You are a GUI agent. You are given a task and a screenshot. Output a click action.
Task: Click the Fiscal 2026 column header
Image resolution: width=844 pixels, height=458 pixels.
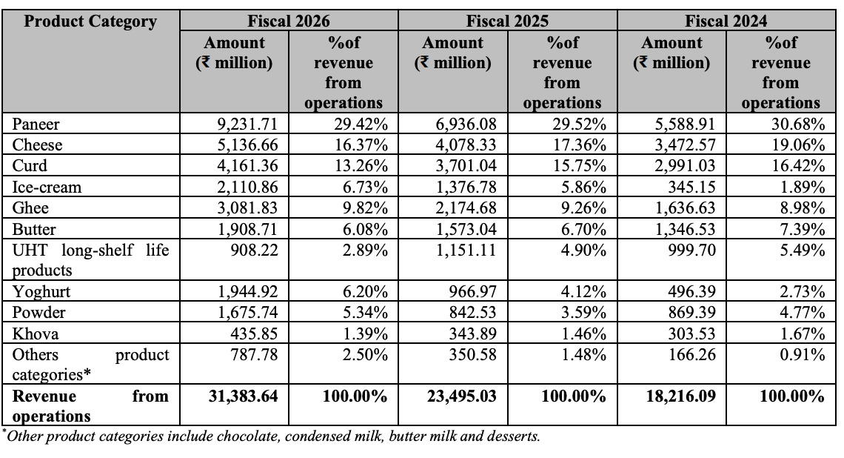[289, 21]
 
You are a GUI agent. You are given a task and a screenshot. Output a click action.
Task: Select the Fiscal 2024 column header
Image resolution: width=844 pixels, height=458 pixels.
[726, 21]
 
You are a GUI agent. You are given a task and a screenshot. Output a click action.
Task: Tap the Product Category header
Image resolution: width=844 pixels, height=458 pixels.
[90, 21]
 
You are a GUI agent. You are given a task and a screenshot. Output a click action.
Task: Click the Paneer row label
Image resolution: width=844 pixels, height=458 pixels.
[36, 124]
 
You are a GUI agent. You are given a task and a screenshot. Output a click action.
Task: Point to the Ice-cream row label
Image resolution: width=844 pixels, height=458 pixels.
[47, 187]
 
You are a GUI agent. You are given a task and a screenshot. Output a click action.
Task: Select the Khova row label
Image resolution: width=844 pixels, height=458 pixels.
[36, 333]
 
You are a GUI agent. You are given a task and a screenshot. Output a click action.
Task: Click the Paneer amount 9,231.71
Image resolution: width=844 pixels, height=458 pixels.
[247, 124]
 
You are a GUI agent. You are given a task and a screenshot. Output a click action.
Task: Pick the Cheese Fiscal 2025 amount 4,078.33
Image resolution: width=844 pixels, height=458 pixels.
[466, 145]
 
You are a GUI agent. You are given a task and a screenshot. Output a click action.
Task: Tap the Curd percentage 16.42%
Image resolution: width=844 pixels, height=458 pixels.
[798, 165]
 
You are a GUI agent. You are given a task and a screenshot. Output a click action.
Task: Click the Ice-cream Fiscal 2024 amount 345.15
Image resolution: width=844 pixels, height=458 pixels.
[691, 187]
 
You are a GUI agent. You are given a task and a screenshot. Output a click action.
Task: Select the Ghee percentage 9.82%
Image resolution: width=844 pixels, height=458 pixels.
[365, 208]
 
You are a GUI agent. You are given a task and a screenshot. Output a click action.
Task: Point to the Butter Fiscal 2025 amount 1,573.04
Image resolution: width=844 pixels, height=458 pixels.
[466, 229]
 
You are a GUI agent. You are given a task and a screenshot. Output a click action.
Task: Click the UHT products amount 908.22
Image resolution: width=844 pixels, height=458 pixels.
[254, 250]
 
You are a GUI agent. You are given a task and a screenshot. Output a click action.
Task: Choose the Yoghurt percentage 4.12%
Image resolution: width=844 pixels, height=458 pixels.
[583, 291]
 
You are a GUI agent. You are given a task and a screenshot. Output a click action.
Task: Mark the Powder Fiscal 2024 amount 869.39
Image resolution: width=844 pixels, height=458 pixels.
[691, 313]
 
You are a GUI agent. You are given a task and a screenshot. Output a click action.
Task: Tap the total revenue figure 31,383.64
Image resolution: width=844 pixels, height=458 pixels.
[244, 396]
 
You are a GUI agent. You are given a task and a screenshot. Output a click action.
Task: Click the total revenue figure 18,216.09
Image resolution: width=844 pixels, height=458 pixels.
[681, 396]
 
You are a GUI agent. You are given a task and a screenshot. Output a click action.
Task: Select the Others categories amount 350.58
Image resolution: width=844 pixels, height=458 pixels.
[472, 354]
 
